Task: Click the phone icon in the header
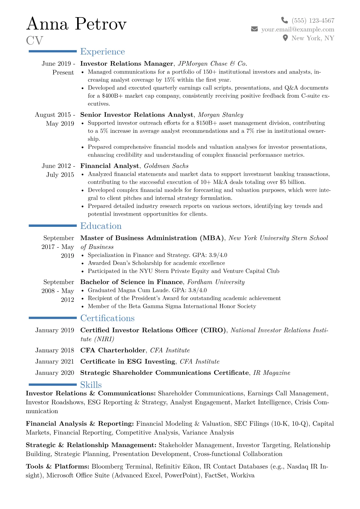tap(284, 20)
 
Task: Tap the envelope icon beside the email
tap(254, 29)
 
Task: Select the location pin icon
tap(285, 38)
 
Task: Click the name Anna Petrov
tap(76, 24)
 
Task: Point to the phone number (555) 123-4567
tap(313, 21)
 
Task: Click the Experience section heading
tap(102, 52)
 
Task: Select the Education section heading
tap(101, 226)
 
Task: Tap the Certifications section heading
tap(107, 318)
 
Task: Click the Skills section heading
tap(91, 385)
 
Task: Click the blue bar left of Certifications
tap(53, 318)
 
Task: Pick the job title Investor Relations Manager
tap(126, 64)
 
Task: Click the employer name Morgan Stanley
tap(221, 115)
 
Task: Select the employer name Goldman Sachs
tap(166, 166)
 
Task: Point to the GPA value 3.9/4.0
tap(218, 255)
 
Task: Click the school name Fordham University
tap(216, 282)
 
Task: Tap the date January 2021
tap(54, 361)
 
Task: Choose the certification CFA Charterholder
tap(113, 350)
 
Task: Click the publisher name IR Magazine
tap(271, 373)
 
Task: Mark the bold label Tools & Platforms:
tap(57, 466)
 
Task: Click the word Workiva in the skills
tap(242, 475)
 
